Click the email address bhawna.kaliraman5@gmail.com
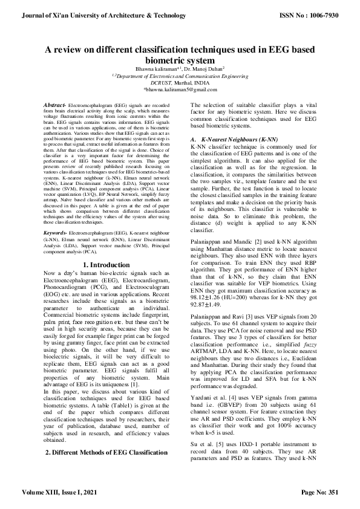[x=180, y=89]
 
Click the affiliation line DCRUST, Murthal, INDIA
[x=180, y=82]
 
